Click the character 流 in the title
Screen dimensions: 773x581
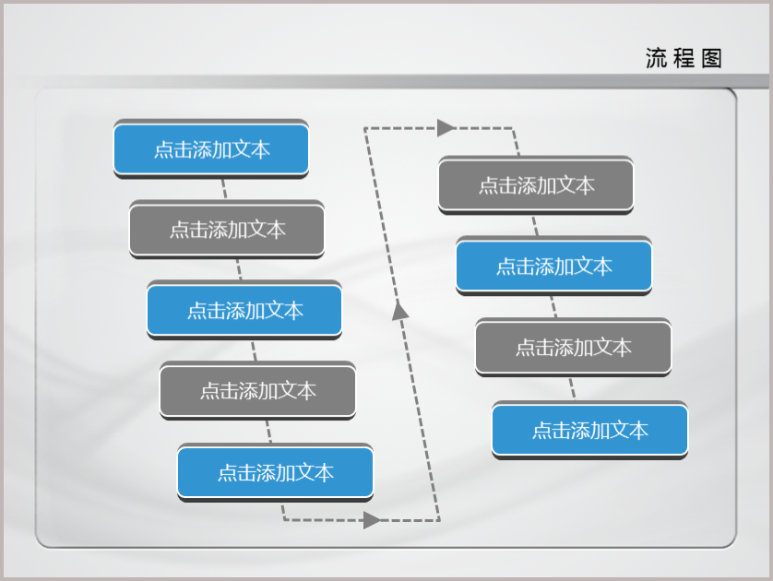point(656,58)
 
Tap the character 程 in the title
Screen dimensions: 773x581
point(684,58)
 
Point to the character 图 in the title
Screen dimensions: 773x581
point(711,58)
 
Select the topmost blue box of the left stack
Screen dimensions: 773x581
point(211,148)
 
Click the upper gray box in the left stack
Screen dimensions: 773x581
point(227,229)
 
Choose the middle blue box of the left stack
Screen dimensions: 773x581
point(244,310)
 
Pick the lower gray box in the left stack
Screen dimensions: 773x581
point(258,390)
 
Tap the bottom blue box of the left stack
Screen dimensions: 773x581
point(275,472)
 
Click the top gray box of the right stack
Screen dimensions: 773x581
point(536,185)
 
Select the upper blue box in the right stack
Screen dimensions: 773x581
point(554,267)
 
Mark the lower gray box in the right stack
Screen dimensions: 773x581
point(574,347)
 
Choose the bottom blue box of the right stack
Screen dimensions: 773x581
point(590,430)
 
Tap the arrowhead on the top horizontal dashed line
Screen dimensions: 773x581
point(446,127)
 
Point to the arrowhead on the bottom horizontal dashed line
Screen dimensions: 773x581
point(372,520)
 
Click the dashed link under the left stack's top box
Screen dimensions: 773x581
point(224,189)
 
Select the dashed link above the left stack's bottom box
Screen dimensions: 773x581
point(268,432)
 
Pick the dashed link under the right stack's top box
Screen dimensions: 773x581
point(535,226)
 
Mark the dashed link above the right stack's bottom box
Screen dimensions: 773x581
point(572,388)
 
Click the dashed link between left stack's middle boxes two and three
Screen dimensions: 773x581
point(239,269)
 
